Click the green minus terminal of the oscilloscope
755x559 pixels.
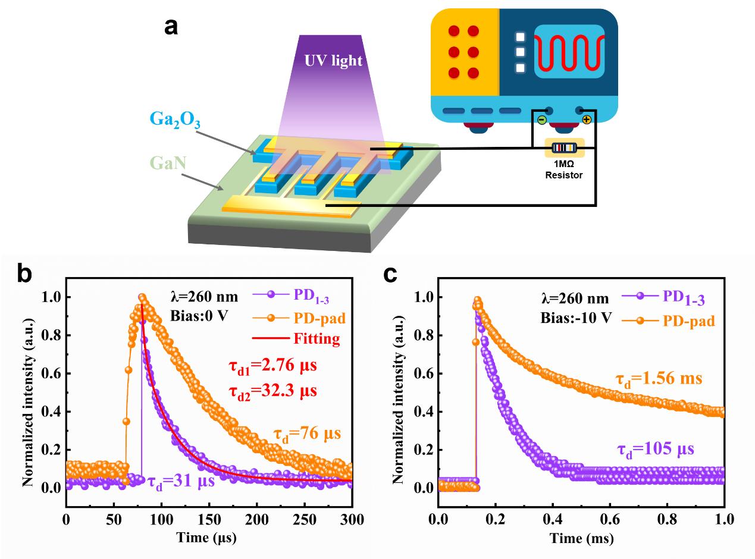pos(541,120)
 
